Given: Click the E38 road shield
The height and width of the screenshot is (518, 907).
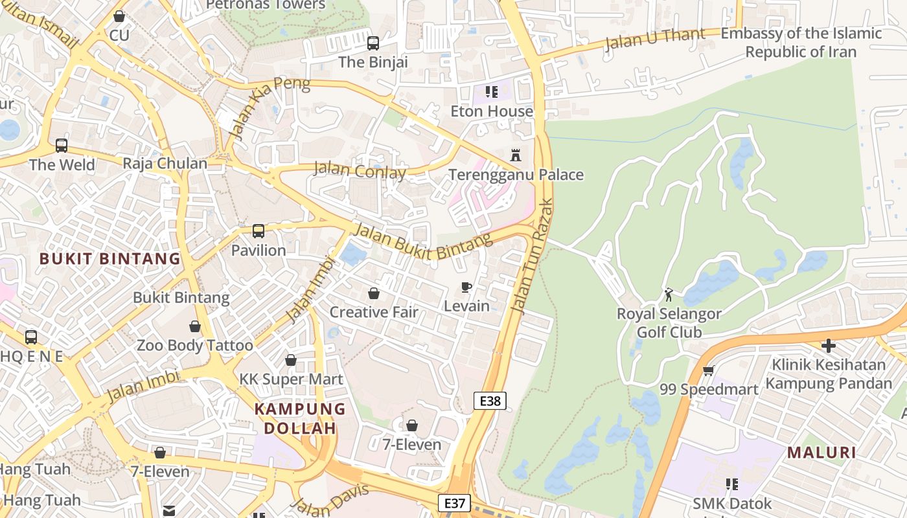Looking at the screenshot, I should [x=490, y=401].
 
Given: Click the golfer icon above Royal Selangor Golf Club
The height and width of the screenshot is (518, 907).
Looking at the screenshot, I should [x=669, y=295].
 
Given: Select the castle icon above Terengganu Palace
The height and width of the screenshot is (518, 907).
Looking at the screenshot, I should [x=516, y=155].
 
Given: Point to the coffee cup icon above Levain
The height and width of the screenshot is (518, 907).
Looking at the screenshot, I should [x=466, y=287].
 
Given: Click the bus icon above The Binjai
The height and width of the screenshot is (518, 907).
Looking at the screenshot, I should [x=373, y=43].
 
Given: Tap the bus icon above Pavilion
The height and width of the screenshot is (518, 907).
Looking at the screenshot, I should [x=258, y=231].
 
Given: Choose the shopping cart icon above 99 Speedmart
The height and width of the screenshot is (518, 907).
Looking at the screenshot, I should [x=708, y=371].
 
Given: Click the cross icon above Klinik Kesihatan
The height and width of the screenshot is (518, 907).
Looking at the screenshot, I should [x=828, y=346].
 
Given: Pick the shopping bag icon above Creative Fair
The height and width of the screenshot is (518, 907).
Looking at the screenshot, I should [x=374, y=293].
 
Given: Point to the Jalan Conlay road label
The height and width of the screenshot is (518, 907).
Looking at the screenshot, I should [x=360, y=171].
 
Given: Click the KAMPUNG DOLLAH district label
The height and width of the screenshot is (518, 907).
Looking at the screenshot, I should [x=300, y=418].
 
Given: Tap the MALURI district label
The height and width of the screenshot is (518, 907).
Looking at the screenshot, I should [x=821, y=453].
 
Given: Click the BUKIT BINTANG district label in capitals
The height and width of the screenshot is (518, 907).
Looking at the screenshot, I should [x=110, y=259].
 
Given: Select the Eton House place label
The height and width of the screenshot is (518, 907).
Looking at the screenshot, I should [x=492, y=111].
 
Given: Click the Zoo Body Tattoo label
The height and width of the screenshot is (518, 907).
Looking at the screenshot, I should [x=194, y=345].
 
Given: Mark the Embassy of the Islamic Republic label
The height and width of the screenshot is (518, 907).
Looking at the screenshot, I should [x=801, y=42].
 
